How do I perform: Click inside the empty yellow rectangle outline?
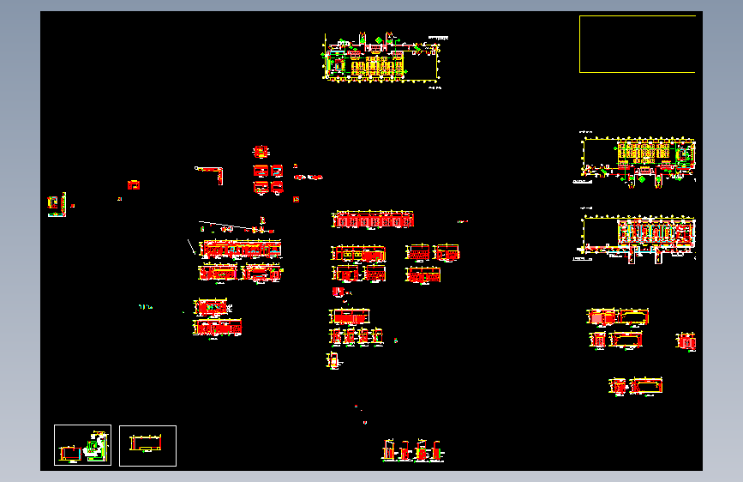[637, 44]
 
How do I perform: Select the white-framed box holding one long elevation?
[147, 445]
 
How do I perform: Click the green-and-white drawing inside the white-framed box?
[95, 444]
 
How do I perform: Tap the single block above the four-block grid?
[261, 152]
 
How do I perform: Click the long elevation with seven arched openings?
[373, 220]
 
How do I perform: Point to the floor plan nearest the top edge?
[381, 59]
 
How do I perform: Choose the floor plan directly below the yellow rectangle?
[638, 157]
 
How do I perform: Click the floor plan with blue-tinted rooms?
[638, 235]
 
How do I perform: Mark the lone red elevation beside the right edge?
[686, 341]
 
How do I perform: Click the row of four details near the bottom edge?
[413, 450]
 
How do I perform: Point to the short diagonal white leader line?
[191, 247]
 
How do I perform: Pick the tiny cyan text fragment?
[145, 307]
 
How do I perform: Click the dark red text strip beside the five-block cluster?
[309, 177]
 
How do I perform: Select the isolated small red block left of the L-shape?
[134, 184]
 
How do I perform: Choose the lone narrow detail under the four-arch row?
[333, 361]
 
